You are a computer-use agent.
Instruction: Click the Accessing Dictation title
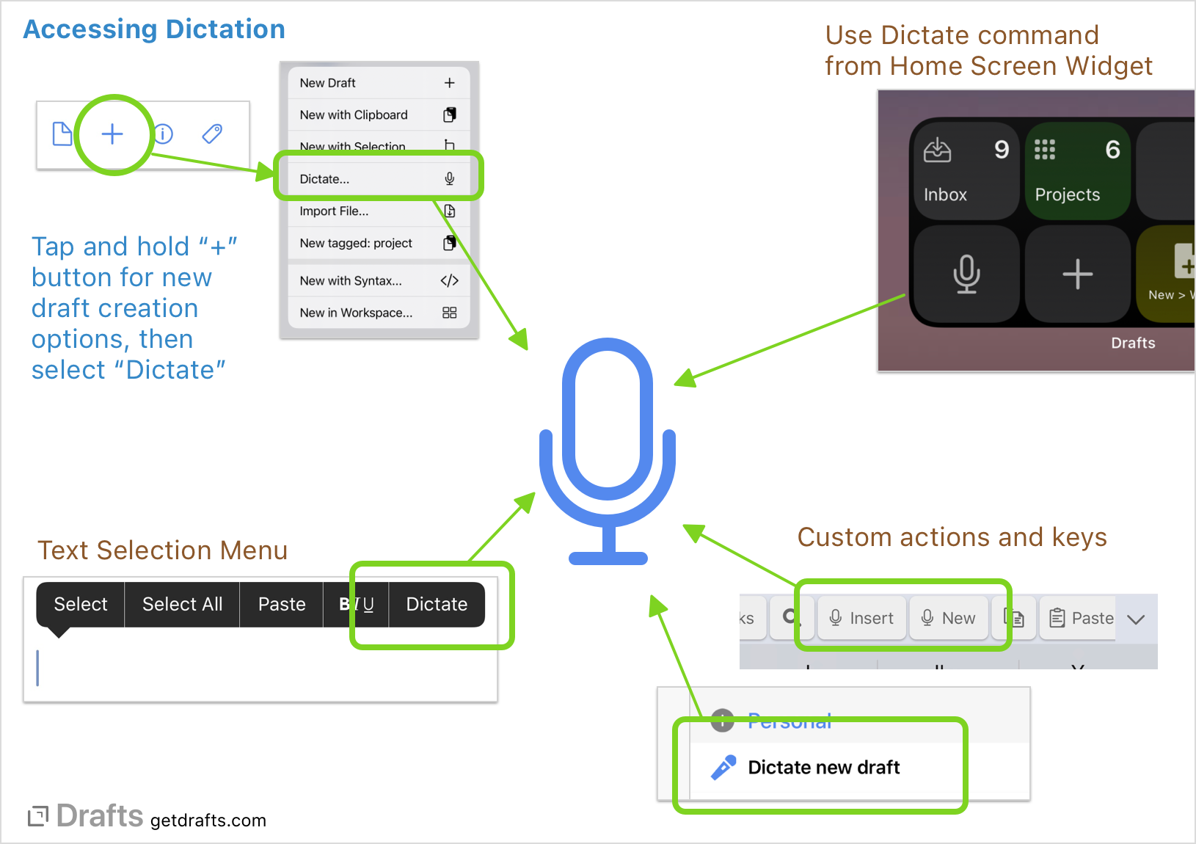click(x=154, y=29)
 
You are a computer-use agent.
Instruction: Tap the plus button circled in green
click(x=112, y=134)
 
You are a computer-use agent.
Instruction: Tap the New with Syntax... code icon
click(x=449, y=280)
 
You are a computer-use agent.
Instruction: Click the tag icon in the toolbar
click(x=212, y=134)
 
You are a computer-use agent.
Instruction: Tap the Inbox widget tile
click(x=965, y=170)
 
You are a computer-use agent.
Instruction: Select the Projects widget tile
click(x=1076, y=170)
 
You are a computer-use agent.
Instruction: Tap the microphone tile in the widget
click(x=966, y=274)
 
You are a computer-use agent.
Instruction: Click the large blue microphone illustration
click(x=608, y=448)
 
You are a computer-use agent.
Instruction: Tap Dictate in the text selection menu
click(x=437, y=604)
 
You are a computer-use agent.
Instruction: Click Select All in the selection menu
click(x=182, y=604)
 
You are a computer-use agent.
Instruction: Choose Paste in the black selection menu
click(x=282, y=604)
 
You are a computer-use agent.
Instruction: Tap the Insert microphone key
click(x=861, y=618)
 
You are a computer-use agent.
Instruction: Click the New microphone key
click(x=949, y=618)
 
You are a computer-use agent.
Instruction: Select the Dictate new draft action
click(x=823, y=768)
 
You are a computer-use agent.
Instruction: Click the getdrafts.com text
click(x=208, y=821)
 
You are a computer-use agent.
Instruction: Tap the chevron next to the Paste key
click(x=1136, y=619)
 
